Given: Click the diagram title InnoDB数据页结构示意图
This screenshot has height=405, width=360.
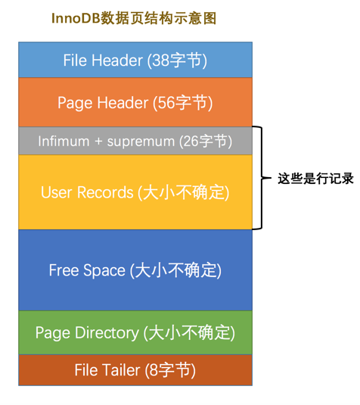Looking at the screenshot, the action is click(x=134, y=18).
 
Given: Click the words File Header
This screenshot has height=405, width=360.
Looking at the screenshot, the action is click(x=103, y=61).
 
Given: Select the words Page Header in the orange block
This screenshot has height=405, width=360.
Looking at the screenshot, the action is click(x=103, y=103).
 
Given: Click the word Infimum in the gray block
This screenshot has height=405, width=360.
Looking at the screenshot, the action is click(x=64, y=142).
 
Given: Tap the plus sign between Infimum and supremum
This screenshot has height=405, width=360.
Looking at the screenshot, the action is click(x=98, y=142).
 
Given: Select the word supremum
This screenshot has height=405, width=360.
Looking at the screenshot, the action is click(x=141, y=142).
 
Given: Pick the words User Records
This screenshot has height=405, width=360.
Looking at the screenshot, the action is click(x=87, y=192).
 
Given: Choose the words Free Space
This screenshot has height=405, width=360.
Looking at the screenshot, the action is click(x=87, y=270).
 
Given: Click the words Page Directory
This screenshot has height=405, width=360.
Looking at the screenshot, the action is click(x=87, y=333).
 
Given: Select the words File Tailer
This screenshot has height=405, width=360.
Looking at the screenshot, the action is click(x=107, y=370).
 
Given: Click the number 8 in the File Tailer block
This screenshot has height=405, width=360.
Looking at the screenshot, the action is click(x=154, y=370).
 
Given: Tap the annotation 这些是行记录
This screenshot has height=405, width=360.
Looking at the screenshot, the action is click(x=315, y=179).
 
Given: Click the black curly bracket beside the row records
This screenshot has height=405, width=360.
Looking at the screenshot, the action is click(x=262, y=178).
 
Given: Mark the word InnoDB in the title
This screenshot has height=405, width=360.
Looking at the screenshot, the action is click(x=76, y=18).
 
